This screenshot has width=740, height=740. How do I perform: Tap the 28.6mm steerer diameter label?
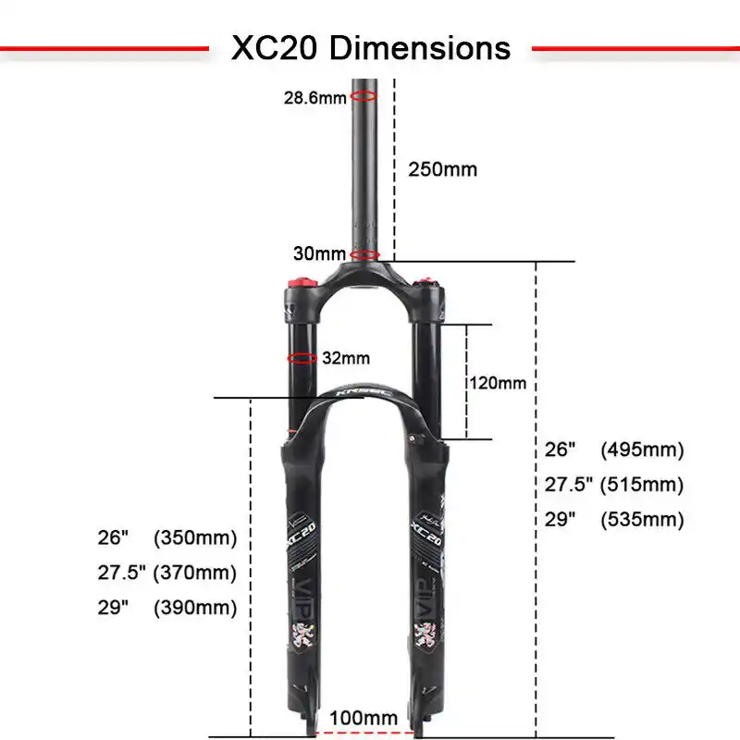click(314, 97)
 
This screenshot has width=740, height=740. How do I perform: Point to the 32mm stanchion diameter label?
click(345, 358)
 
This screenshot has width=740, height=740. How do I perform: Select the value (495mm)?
click(642, 450)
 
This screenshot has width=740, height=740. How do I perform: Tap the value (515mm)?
click(642, 485)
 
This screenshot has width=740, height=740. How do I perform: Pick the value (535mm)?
click(642, 520)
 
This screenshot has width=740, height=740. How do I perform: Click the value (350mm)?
click(195, 537)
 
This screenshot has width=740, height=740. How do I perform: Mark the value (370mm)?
click(195, 573)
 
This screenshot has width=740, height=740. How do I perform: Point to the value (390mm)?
click(195, 608)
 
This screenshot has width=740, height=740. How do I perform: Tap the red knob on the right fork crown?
click(427, 281)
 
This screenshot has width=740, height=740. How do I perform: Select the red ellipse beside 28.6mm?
click(364, 95)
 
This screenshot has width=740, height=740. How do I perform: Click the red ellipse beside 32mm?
click(302, 358)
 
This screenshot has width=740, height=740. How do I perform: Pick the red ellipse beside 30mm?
click(364, 254)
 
